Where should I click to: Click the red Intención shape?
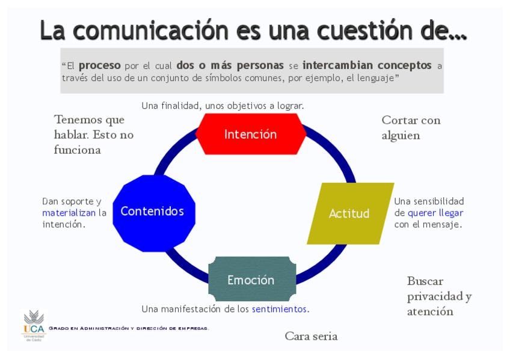point(251,134)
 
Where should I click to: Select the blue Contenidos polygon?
point(154,213)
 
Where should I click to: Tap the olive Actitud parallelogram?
point(351,213)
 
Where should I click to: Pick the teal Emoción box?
point(252,279)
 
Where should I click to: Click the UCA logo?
point(34,326)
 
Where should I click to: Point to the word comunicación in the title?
point(151,31)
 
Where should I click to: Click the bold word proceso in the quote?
point(99,66)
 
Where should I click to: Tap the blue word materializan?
point(69,213)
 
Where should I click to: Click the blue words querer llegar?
point(435,213)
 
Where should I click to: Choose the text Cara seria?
point(311,336)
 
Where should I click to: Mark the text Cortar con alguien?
point(411,127)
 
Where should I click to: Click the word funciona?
point(78,150)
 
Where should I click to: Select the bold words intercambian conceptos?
point(367,66)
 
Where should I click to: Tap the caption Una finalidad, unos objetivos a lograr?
point(223,106)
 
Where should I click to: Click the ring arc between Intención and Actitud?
point(336,150)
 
